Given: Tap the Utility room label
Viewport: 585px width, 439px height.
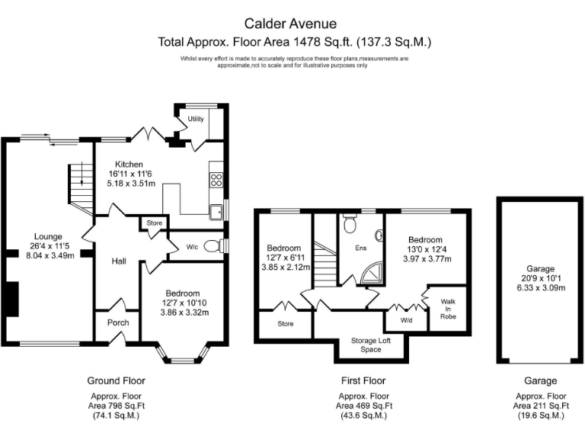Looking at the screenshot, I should pyautogui.click(x=196, y=119).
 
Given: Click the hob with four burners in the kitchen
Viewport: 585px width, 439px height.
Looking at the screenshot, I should pyautogui.click(x=216, y=181).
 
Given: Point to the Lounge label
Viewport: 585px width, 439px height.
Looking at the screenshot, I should pyautogui.click(x=47, y=236).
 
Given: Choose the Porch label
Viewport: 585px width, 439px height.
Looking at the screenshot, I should pyautogui.click(x=118, y=322).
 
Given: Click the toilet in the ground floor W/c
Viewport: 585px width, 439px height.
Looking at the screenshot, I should pyautogui.click(x=222, y=245).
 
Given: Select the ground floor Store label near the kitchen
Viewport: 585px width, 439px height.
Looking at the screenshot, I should pyautogui.click(x=155, y=223).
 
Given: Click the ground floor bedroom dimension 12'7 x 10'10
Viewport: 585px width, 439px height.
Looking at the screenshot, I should pyautogui.click(x=183, y=303).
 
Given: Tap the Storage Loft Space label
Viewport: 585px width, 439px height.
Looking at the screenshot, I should pyautogui.click(x=370, y=344).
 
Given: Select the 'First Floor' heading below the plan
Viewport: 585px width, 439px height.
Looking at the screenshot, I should pyautogui.click(x=363, y=380).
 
